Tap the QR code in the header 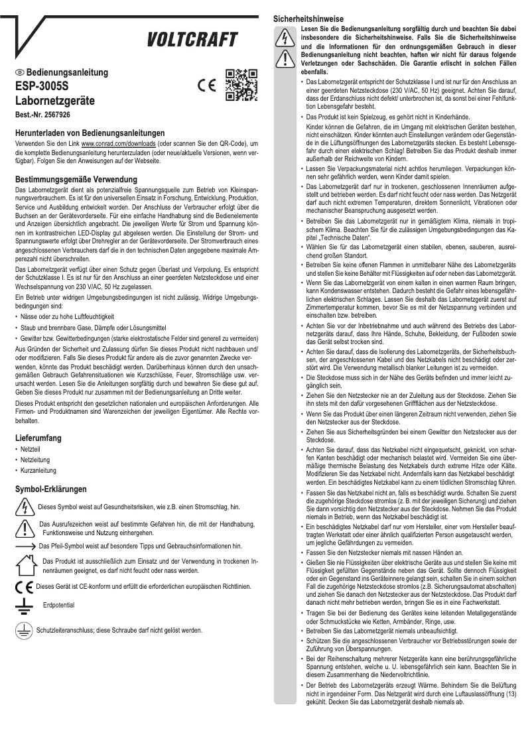241,86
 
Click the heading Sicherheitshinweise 311,20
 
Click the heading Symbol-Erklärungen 51,489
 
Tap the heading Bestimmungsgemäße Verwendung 76,180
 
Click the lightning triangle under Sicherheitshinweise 286,39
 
